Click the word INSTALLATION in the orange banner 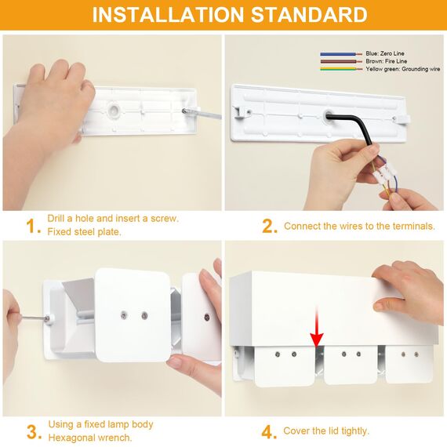click(168, 15)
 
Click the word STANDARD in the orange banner click(309, 15)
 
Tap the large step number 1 click(32, 227)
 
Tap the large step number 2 click(269, 227)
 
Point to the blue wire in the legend click(341, 54)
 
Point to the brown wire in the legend click(341, 61)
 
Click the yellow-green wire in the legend click(341, 69)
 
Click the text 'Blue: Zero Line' click(385, 53)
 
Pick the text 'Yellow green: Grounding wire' click(403, 69)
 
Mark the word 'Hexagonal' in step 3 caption click(72, 438)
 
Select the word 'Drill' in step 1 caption click(56, 219)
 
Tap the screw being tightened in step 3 click(46, 318)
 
